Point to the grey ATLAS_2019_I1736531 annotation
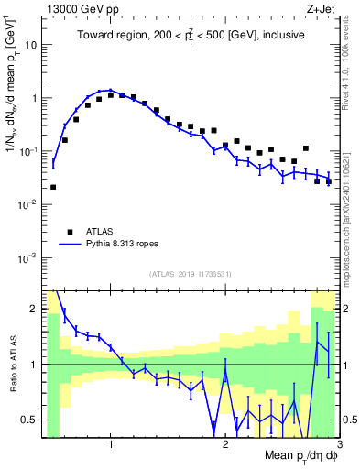tap(191, 274)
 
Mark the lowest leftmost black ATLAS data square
tap(53, 187)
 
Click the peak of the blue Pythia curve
tap(110, 90)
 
